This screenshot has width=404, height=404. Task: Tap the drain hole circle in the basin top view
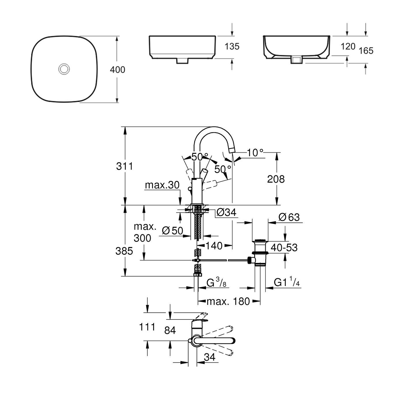[x=64, y=69]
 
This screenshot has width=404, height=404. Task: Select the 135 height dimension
[x=232, y=46]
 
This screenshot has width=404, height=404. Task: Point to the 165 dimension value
[x=366, y=51]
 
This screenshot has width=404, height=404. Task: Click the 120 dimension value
[x=347, y=46]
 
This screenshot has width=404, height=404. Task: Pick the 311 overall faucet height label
[x=124, y=166]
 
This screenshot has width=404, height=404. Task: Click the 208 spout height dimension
[x=276, y=179]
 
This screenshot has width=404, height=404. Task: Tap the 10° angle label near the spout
[x=255, y=152]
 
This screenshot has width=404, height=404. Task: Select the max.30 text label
[x=162, y=185]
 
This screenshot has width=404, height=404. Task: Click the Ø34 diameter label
[x=226, y=213]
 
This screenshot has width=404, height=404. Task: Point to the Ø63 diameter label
[x=289, y=217]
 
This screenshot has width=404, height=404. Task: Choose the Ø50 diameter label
[x=172, y=230]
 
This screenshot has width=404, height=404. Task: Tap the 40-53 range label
[x=284, y=248]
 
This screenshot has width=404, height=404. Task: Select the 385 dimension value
[x=124, y=251]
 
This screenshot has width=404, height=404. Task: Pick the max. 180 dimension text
[x=228, y=302]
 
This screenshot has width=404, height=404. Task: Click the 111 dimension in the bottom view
[x=147, y=327]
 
